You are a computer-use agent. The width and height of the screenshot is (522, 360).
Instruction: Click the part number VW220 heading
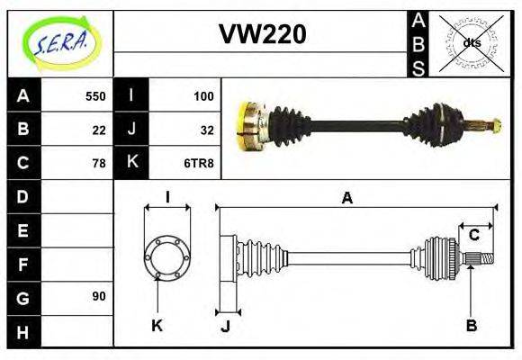(263, 34)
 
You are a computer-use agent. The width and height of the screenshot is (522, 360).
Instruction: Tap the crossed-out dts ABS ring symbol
(471, 42)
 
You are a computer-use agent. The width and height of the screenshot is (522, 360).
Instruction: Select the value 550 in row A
(94, 95)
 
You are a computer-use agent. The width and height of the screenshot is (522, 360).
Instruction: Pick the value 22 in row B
(98, 129)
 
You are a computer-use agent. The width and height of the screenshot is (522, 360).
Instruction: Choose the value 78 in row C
(98, 163)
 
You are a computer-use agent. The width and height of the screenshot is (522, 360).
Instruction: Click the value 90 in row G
(98, 296)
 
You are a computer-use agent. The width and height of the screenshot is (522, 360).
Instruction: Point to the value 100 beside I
(202, 95)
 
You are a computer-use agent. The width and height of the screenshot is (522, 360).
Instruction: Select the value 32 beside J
(206, 129)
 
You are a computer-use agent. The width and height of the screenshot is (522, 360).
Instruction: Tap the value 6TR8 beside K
(199, 163)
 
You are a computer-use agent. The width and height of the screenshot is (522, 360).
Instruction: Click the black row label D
(22, 195)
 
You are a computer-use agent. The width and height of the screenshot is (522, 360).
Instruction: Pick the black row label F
(22, 264)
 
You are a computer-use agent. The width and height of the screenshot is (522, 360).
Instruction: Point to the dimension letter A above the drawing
(346, 199)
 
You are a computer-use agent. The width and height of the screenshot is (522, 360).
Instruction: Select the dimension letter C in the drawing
(473, 236)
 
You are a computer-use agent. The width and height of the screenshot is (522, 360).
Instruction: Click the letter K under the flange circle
(157, 325)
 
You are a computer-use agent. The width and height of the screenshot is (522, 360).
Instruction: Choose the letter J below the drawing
(225, 326)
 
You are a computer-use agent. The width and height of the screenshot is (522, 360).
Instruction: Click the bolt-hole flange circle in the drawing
(166, 256)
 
